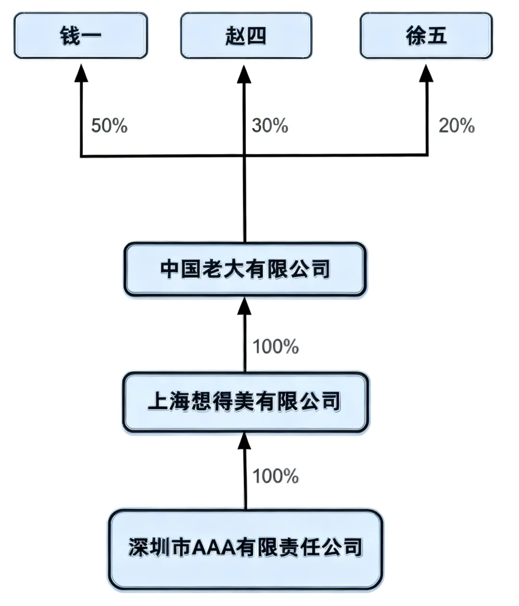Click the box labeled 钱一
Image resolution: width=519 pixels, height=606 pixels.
click(80, 36)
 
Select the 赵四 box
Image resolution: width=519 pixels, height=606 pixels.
click(246, 36)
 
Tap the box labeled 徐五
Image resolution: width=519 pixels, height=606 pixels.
click(426, 36)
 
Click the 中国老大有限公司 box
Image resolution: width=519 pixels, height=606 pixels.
click(245, 269)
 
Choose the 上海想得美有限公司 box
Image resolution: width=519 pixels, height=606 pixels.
click(245, 402)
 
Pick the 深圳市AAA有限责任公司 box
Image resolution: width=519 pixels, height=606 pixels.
click(245, 549)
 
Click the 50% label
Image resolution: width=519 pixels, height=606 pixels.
click(109, 126)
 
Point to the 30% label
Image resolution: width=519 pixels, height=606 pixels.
click(270, 126)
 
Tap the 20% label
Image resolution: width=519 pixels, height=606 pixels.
click(456, 126)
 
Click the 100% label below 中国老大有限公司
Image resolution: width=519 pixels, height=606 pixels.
click(275, 346)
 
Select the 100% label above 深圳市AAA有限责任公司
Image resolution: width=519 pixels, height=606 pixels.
click(275, 476)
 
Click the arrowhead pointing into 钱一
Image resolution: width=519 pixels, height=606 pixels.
click(81, 72)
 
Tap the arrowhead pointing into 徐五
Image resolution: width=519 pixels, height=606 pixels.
click(426, 72)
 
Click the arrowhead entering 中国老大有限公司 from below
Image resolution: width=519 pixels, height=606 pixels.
click(245, 306)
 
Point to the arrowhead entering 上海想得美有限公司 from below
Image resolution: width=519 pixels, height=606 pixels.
click(245, 440)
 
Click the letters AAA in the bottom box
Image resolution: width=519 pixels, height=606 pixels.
click(212, 548)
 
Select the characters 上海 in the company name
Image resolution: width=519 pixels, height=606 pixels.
click(169, 402)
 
